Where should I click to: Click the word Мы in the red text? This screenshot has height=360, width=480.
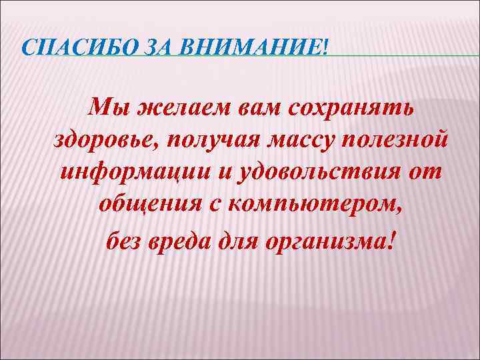click(x=107, y=106)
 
